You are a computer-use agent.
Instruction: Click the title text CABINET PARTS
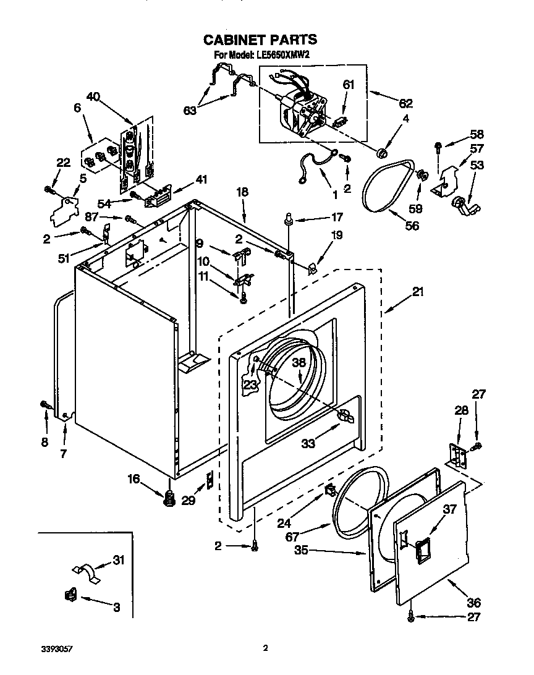pos(260,40)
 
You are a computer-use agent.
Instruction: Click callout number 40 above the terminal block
pos(93,96)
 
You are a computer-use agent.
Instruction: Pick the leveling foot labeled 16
pos(168,498)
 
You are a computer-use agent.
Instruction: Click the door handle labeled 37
pos(424,550)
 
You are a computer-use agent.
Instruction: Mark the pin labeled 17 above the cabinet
pos(288,218)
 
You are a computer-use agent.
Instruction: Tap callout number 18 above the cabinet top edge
pos(242,192)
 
